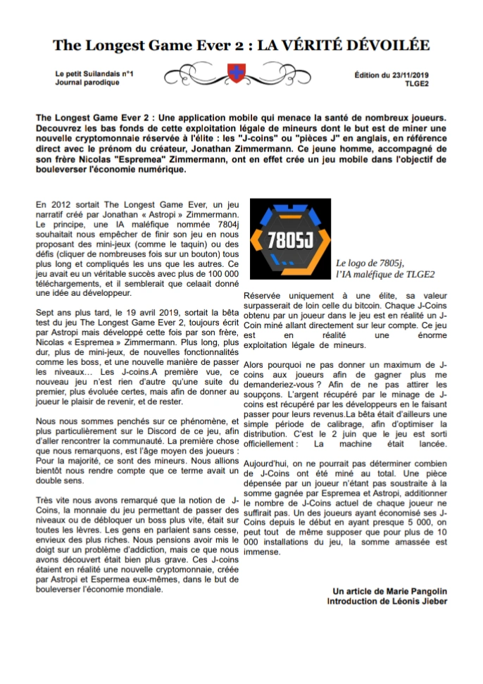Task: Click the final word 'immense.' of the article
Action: (x=261, y=553)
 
